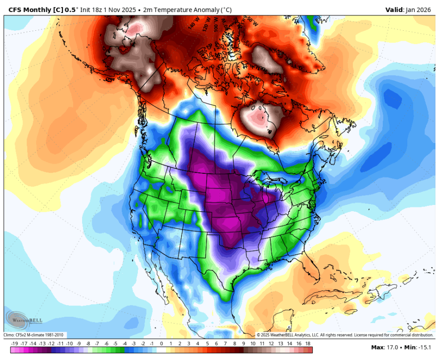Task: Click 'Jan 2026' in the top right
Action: pyautogui.click(x=421, y=10)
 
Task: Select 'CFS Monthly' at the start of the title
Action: pyautogui.click(x=29, y=10)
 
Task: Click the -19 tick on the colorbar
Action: pyautogui.click(x=14, y=343)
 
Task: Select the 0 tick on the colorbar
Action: pyautogui.click(x=161, y=343)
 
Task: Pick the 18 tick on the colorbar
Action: pyautogui.click(x=308, y=343)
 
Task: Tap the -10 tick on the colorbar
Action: pyautogui.click(x=70, y=343)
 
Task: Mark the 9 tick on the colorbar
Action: pyautogui.click(x=244, y=343)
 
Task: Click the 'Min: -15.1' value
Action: pyautogui.click(x=418, y=347)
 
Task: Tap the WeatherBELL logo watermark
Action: pyautogui.click(x=24, y=319)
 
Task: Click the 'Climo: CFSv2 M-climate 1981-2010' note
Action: pyautogui.click(x=35, y=335)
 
